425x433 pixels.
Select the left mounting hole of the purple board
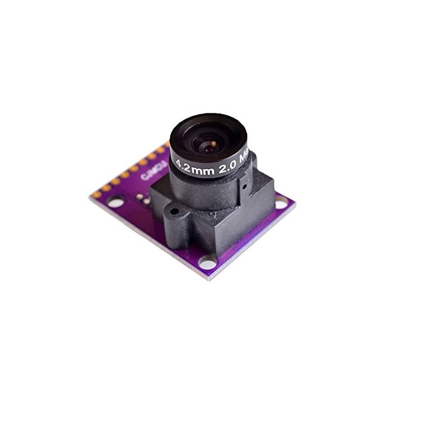click(115, 201)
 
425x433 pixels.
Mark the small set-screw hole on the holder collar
click(244, 186)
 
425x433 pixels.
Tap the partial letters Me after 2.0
click(244, 157)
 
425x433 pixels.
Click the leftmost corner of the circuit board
click(90, 196)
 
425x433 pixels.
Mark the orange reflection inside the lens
click(212, 144)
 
